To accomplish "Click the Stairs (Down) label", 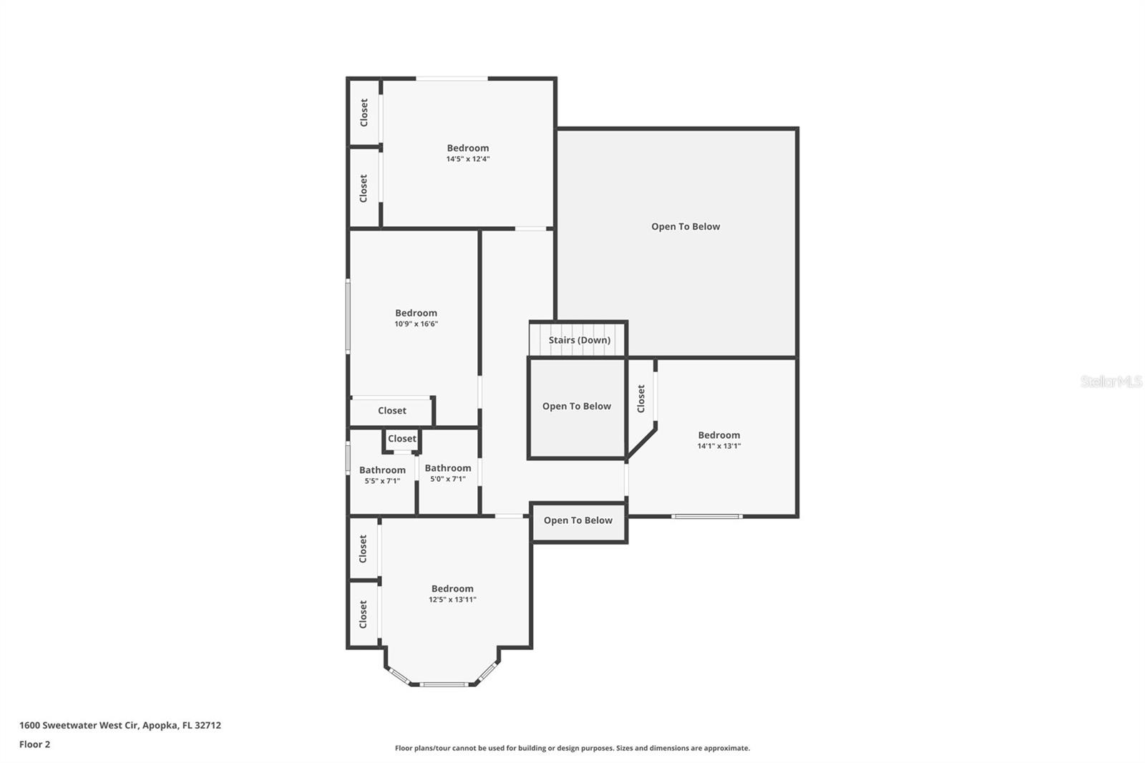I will (x=579, y=340).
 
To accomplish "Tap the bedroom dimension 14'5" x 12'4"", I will (x=468, y=159).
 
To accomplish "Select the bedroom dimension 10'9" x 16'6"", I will (x=416, y=324).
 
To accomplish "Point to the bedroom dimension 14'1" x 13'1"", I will (x=718, y=446).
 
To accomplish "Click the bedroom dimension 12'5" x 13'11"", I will (x=452, y=600).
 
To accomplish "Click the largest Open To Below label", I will (x=685, y=226).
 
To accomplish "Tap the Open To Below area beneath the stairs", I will (x=576, y=406).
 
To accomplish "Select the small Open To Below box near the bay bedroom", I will (x=578, y=520).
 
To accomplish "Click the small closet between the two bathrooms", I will (x=401, y=439).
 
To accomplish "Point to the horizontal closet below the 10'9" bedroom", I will (x=391, y=411).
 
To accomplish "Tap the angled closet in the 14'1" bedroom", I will (x=640, y=399).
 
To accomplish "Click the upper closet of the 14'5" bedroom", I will (x=364, y=113).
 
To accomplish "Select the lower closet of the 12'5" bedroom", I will (x=363, y=614).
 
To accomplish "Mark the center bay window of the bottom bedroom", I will (x=444, y=684).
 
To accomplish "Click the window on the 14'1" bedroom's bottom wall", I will (x=706, y=516).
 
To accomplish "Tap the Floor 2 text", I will (x=34, y=744).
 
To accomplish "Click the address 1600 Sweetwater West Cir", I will (x=120, y=725).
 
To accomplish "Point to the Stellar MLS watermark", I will (x=1111, y=381).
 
